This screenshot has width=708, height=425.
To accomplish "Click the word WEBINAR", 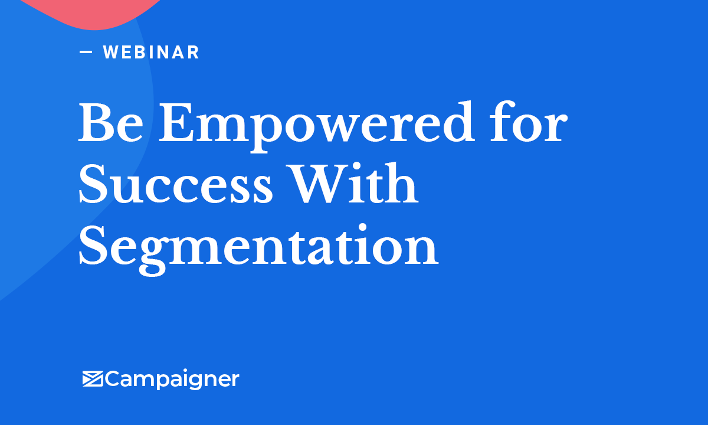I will click(x=151, y=53).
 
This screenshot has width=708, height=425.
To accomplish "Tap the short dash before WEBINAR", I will click(x=86, y=52).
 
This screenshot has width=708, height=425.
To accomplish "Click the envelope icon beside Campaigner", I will click(x=93, y=378).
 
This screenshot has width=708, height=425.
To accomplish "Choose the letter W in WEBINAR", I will click(x=112, y=53).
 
